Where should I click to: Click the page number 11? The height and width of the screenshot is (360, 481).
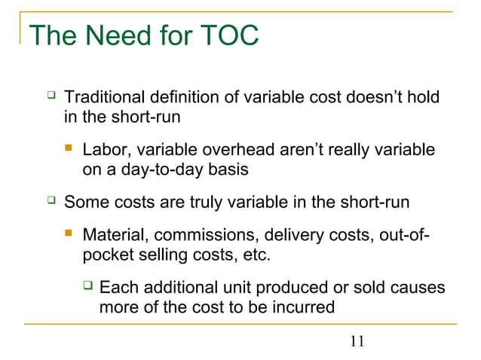[357, 342]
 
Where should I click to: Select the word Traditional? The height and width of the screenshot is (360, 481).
[105, 99]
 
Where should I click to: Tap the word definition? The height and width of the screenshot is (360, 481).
[185, 99]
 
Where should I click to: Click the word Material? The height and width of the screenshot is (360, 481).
[112, 235]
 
